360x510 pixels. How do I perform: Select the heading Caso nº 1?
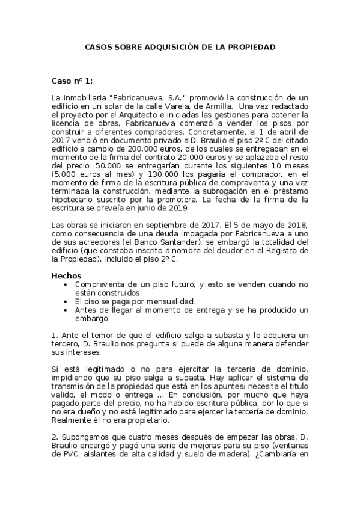pos(72,80)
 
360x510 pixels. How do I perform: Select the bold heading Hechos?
pos(66,275)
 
